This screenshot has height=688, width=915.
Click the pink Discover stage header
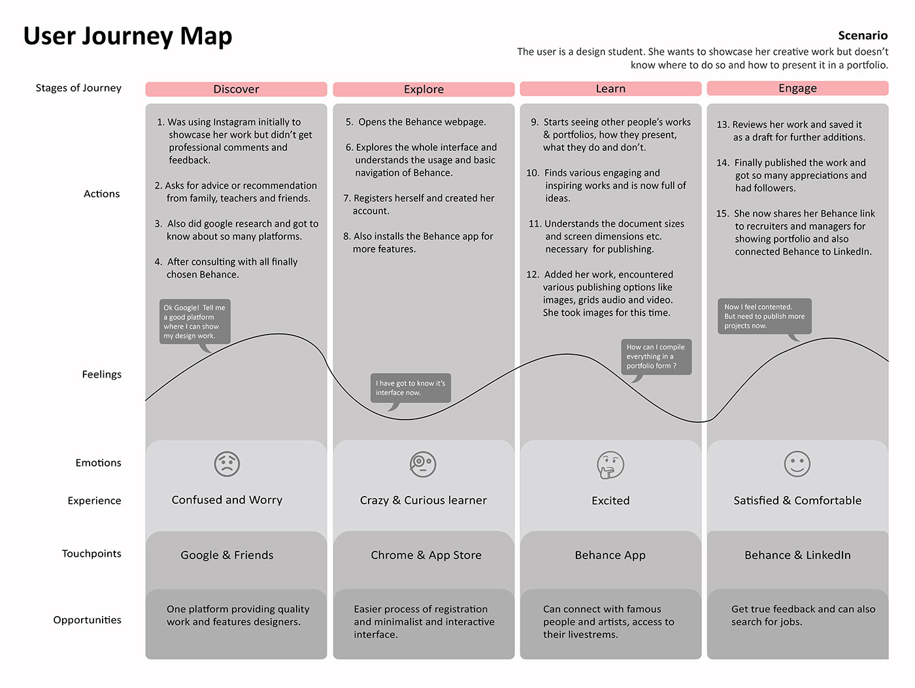click(x=236, y=89)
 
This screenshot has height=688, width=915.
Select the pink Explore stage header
click(x=424, y=89)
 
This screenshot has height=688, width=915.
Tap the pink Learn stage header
click(x=610, y=88)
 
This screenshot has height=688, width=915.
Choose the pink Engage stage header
click(x=797, y=88)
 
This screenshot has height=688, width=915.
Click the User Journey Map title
click(x=127, y=36)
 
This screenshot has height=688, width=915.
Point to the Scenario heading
click(x=863, y=35)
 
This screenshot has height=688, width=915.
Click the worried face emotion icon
click(x=227, y=464)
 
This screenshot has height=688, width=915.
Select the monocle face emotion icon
click(x=423, y=464)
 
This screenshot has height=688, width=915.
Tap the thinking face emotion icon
click(x=610, y=465)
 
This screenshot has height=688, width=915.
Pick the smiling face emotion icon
click(x=797, y=464)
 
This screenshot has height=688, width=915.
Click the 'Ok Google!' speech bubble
click(x=195, y=321)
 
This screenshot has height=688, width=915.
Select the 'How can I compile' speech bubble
click(x=656, y=356)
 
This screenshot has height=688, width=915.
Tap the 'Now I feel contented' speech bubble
click(x=764, y=316)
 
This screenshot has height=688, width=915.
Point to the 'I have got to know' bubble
click(x=410, y=388)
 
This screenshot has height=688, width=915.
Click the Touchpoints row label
click(x=91, y=553)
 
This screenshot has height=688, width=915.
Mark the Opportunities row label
click(x=87, y=619)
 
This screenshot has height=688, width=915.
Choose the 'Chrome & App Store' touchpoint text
click(x=426, y=555)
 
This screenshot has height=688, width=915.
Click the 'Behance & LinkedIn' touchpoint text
click(x=797, y=555)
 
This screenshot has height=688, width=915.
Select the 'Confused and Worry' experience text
click(x=227, y=500)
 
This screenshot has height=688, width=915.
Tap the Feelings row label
click(x=101, y=374)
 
